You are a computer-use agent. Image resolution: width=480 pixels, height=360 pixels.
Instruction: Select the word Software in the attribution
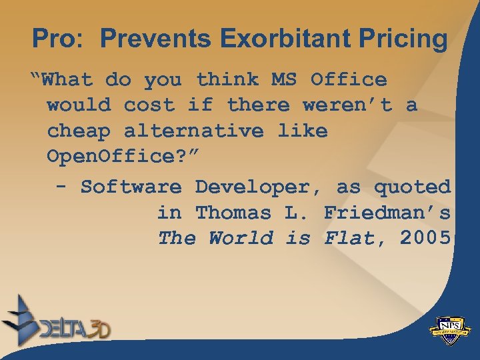click(130, 187)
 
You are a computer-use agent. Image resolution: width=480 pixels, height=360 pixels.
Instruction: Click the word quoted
click(412, 187)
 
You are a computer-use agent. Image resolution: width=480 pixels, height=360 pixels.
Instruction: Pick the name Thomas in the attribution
click(233, 213)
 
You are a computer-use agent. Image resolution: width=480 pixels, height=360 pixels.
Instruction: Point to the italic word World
click(240, 238)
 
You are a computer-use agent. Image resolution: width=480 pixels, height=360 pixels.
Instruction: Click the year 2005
click(425, 238)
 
